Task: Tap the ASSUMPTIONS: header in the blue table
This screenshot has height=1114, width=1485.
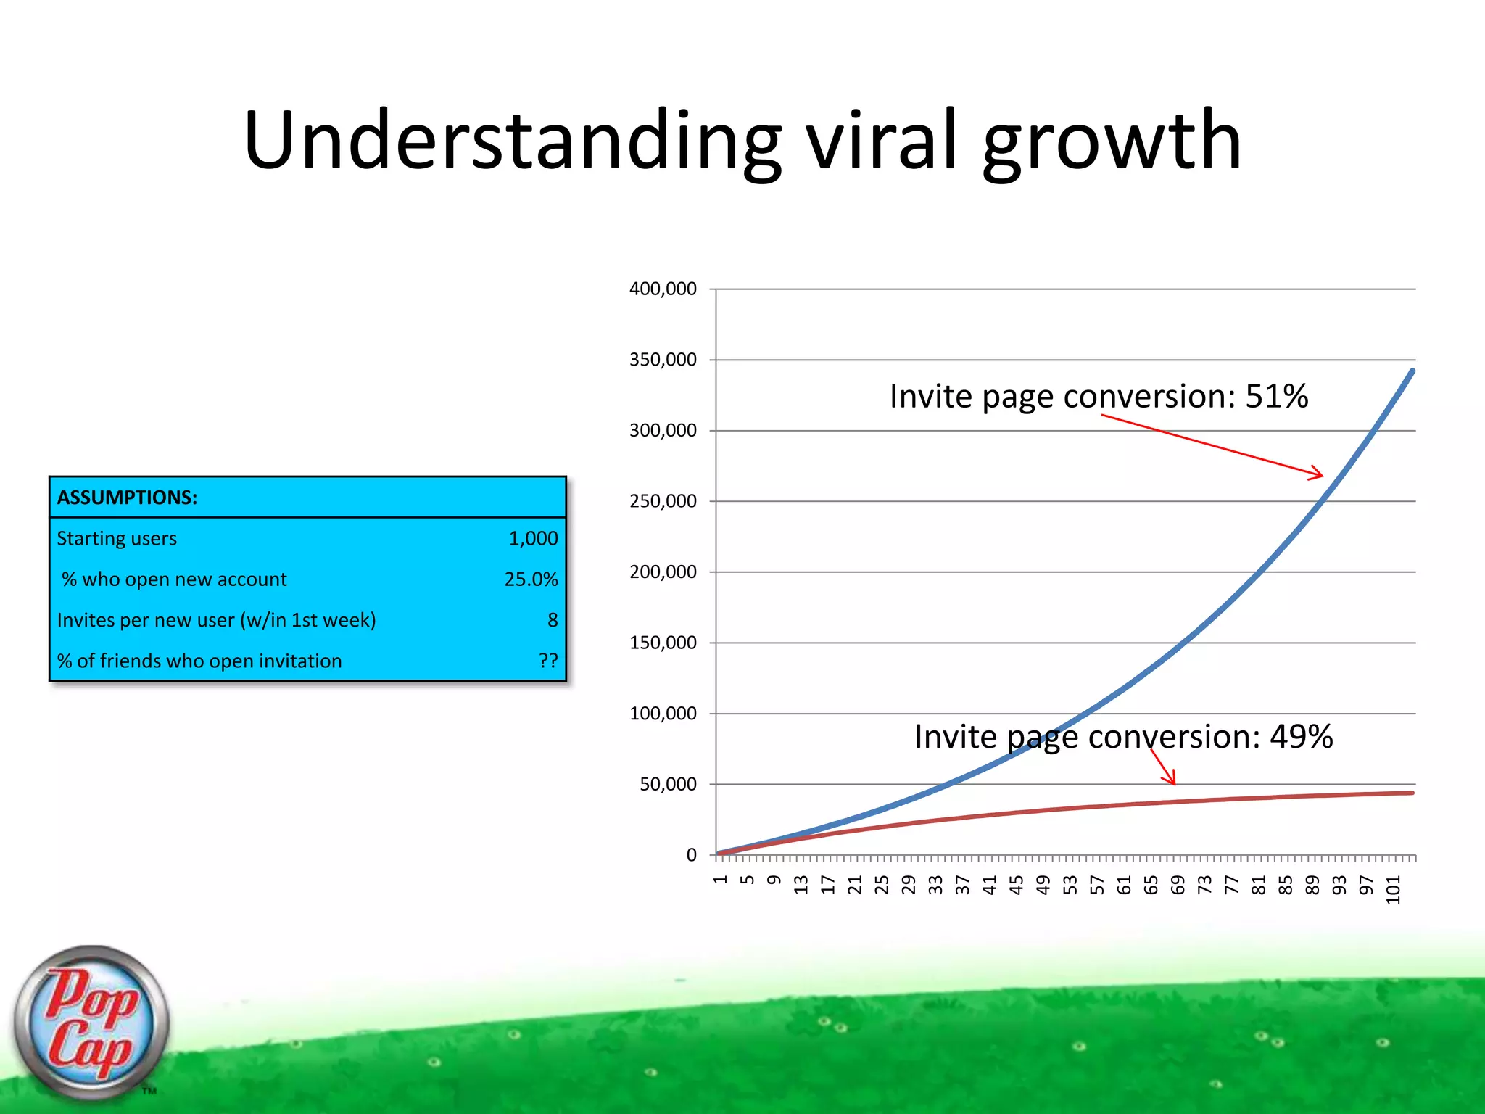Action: [127, 498]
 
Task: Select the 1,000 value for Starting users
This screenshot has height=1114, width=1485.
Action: [533, 538]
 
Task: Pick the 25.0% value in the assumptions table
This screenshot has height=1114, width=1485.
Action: [531, 579]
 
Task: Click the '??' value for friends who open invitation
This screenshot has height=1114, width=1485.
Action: [548, 661]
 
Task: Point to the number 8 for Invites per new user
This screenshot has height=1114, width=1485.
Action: [553, 620]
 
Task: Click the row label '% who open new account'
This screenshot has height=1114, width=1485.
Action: [174, 579]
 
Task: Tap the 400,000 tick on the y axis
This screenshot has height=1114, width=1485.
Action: [663, 289]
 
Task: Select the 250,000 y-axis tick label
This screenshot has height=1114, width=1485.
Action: [663, 501]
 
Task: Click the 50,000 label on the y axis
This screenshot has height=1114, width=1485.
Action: [668, 784]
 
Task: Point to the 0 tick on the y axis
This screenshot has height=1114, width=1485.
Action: [691, 855]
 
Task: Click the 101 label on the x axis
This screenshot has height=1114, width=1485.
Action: [1393, 890]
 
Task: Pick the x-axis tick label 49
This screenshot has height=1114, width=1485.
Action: [1043, 885]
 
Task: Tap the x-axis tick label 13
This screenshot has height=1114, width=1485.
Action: [801, 885]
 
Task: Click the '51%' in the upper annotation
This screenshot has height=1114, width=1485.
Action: [1276, 397]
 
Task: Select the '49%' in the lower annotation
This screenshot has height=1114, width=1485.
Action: [1301, 737]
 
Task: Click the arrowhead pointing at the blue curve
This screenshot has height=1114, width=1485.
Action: [1320, 475]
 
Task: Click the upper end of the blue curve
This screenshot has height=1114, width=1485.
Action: [1412, 372]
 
